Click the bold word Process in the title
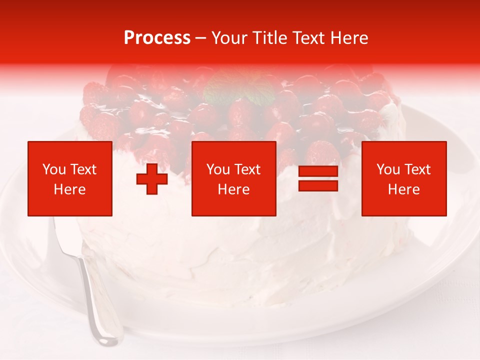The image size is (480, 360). click(157, 38)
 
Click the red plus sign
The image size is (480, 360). click(152, 179)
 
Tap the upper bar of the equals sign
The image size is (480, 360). click(318, 171)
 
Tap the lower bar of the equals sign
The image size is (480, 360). click(318, 186)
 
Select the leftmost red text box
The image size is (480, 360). click(70, 178)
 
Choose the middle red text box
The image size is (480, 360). click(233, 178)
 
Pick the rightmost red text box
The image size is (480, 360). click(403, 178)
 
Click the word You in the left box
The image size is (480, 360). click(53, 169)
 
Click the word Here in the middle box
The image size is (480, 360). click(233, 189)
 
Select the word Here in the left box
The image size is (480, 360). click(70, 189)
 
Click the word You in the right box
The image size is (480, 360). click(387, 169)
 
